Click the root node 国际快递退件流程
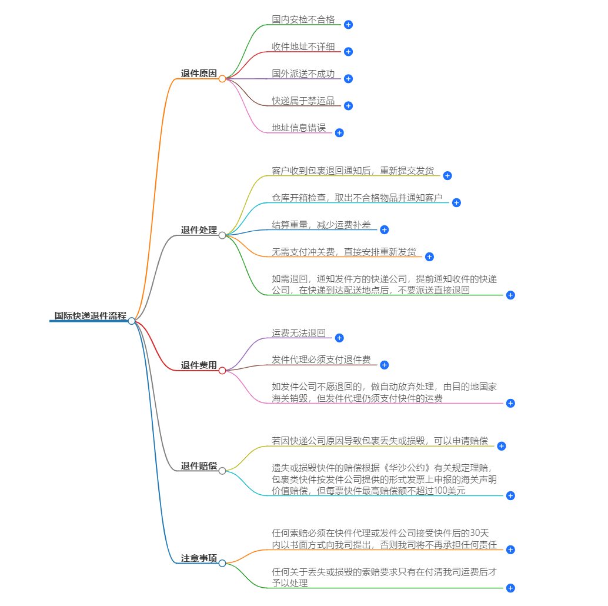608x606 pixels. point(90,316)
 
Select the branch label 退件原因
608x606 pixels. point(199,74)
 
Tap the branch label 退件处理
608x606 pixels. point(199,230)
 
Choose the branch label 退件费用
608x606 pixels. point(199,365)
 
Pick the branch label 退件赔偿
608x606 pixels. point(199,466)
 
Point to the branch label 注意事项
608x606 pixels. point(199,558)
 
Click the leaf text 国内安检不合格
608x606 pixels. point(303,19)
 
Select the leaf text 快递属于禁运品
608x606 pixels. point(303,101)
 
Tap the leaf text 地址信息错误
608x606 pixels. point(298,128)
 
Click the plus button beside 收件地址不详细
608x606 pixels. point(348,52)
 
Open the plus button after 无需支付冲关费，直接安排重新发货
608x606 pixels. point(429,257)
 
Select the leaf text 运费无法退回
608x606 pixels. point(298,333)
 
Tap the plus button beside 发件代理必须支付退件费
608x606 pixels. point(385,365)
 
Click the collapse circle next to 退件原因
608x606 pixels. point(222,78)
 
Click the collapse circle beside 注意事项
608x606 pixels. point(222,563)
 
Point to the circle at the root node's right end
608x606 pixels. point(132,321)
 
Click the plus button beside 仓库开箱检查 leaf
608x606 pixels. point(456,202)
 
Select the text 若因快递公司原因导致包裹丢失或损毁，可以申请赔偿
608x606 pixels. point(379,441)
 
